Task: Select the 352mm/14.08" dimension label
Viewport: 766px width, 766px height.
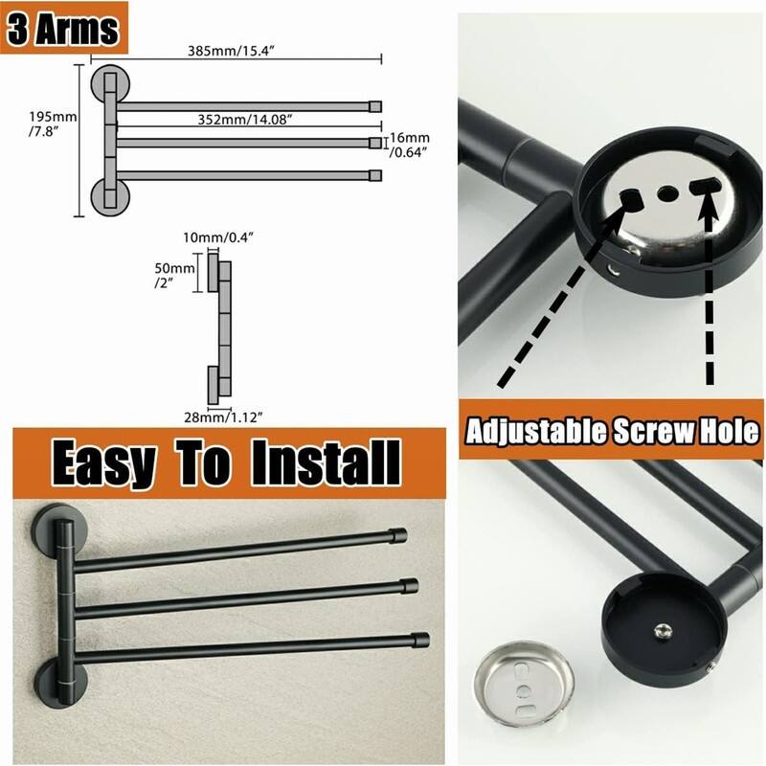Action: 245,119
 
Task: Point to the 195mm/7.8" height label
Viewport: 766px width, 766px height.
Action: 53,124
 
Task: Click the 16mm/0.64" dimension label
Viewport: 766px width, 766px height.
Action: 409,146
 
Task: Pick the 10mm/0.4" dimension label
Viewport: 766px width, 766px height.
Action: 219,237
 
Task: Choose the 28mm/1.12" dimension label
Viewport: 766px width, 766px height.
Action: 224,417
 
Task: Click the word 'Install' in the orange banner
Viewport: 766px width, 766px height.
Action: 326,462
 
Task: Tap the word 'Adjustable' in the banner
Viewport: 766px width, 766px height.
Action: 536,431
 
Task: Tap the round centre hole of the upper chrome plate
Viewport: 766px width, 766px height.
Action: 665,193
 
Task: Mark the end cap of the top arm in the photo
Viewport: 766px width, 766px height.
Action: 397,536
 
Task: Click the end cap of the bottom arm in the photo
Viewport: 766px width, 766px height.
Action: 420,641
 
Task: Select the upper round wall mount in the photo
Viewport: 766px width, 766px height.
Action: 59,529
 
